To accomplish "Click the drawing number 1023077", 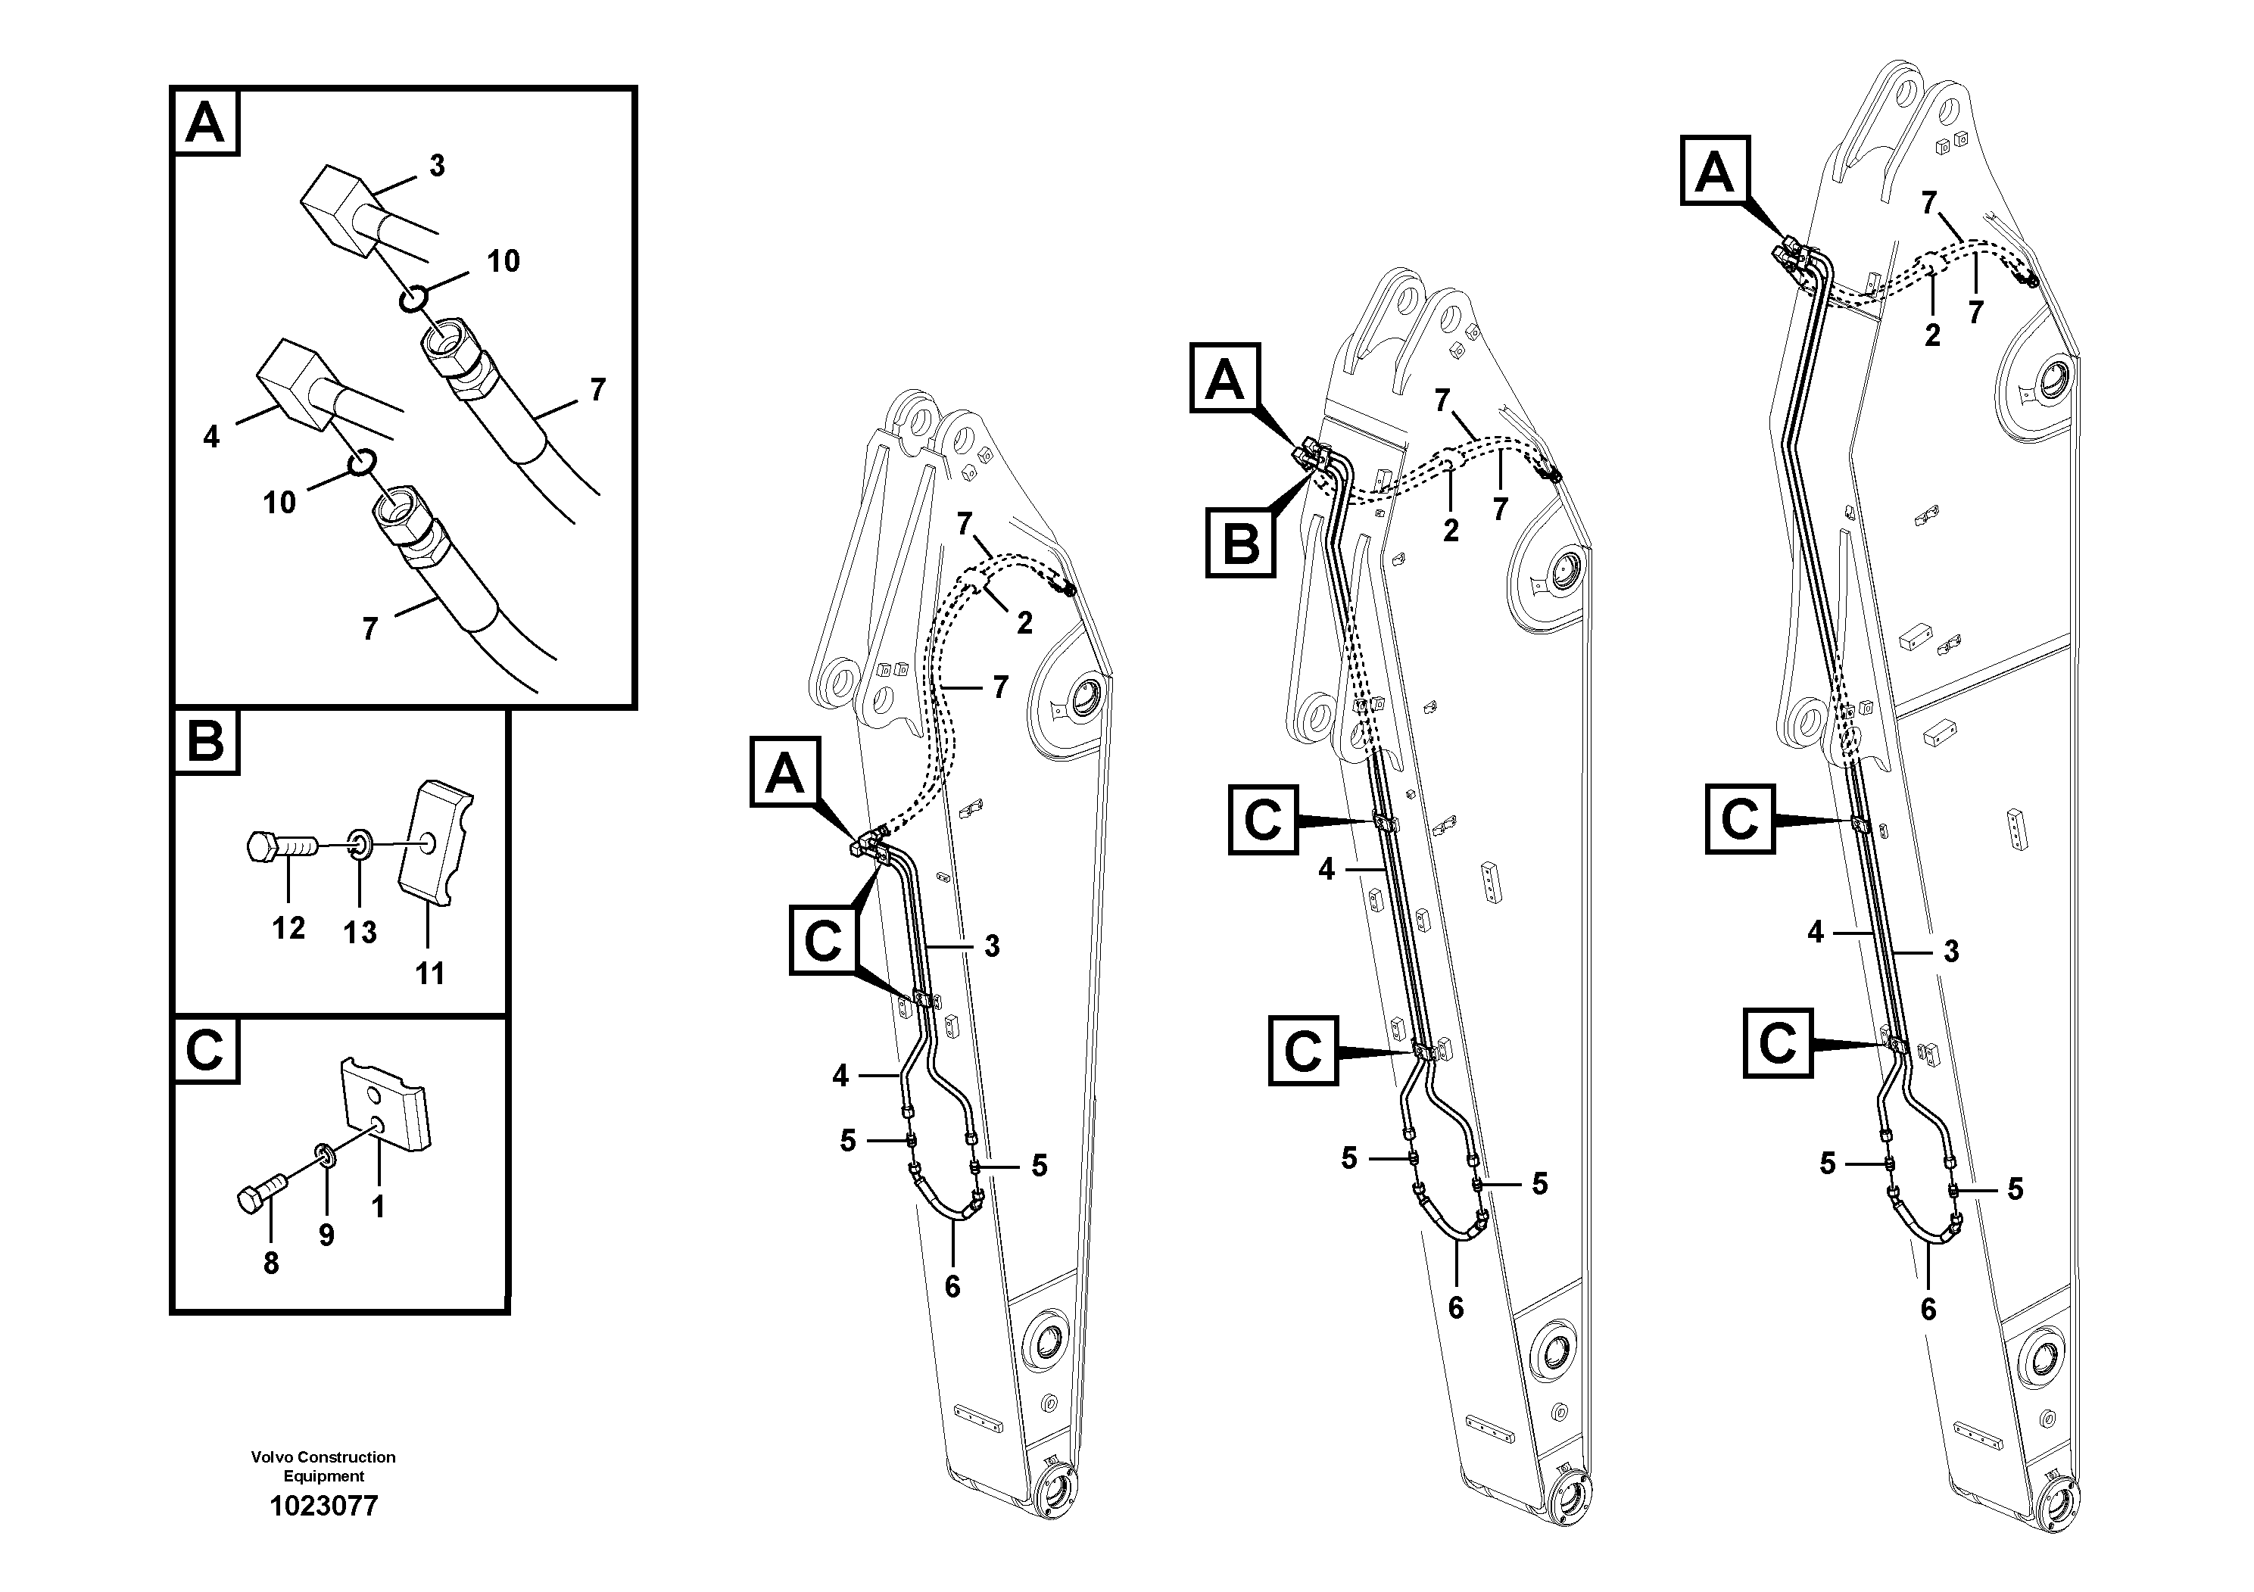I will click(x=323, y=1506).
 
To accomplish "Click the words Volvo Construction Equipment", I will click(x=323, y=1466).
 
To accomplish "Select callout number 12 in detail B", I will click(x=288, y=927).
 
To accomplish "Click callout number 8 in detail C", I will click(x=271, y=1264).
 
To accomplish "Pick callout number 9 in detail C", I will click(x=326, y=1235).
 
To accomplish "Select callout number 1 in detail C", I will click(x=378, y=1206).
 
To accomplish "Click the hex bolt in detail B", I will click(x=280, y=846).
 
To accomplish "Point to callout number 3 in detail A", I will click(x=437, y=166).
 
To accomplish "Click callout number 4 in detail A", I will click(x=211, y=437).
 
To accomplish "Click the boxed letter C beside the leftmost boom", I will click(x=824, y=940).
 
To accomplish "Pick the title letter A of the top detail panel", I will click(x=205, y=123).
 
